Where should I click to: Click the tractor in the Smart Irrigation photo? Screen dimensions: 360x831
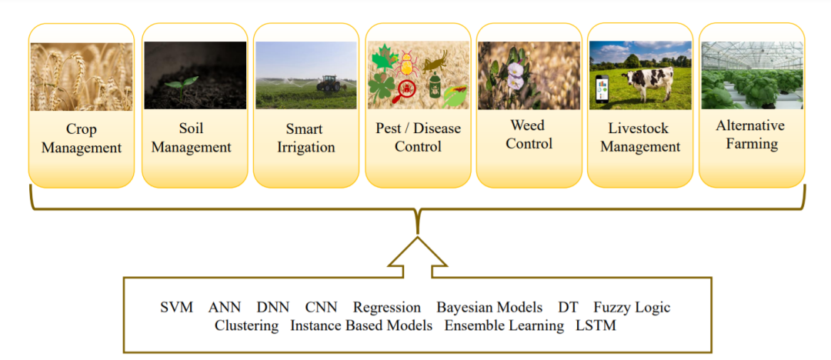click(x=328, y=83)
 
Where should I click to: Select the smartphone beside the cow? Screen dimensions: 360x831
click(x=602, y=91)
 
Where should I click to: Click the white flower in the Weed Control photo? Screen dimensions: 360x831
click(x=515, y=73)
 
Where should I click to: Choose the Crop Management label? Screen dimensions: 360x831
click(x=82, y=138)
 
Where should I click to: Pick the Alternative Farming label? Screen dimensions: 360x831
click(x=750, y=135)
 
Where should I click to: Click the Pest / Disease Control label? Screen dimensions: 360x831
click(x=418, y=137)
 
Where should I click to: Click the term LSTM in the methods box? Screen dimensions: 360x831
click(x=596, y=325)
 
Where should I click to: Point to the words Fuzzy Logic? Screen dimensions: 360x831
click(x=632, y=308)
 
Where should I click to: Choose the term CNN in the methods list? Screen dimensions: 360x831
click(x=321, y=308)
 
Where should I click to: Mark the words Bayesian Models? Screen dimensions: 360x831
click(x=489, y=308)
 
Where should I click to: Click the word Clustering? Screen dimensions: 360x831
click(x=246, y=325)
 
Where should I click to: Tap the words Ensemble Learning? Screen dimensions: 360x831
click(x=504, y=325)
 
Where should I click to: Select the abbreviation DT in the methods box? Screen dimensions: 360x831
click(x=568, y=308)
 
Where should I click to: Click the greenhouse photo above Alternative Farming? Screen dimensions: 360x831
click(x=752, y=75)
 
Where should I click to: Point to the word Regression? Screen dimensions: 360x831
click(x=387, y=308)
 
